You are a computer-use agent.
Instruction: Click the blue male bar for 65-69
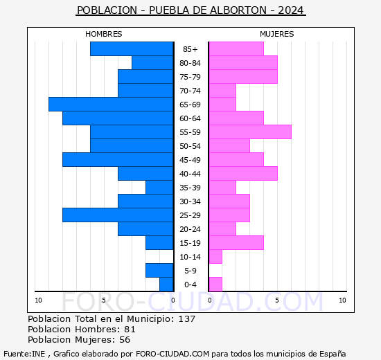111,104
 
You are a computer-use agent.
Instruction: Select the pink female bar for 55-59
249,132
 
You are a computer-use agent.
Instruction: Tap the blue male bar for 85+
132,48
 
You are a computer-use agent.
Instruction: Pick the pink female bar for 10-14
215,256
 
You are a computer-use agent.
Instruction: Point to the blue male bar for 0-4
166,284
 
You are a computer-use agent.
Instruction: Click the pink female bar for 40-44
242,173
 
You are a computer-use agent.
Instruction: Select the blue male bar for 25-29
118,215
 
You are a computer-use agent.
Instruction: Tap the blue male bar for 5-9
159,270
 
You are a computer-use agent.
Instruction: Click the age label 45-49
190,160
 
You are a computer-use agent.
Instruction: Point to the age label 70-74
190,91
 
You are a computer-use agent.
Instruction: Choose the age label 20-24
190,229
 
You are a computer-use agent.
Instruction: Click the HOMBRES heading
104,34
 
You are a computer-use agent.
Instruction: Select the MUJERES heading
276,34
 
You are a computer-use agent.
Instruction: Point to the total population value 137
186,319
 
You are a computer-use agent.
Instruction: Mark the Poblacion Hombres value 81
130,330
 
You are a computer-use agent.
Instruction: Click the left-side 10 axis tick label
39,300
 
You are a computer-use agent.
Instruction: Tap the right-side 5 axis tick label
276,300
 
